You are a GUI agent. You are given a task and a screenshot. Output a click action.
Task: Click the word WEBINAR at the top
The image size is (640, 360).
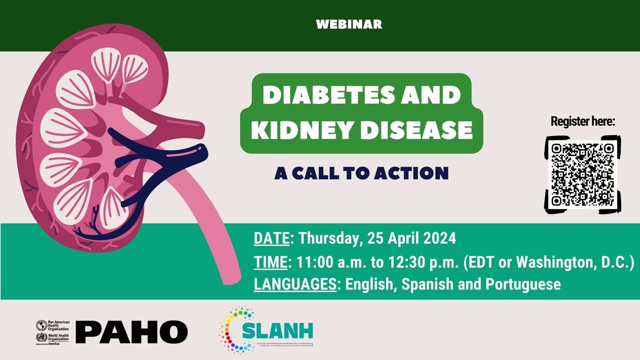(x=349, y=24)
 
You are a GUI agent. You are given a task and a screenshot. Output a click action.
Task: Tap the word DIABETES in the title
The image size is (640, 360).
(x=316, y=95)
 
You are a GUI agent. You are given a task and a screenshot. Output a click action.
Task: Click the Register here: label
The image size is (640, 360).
(x=583, y=121)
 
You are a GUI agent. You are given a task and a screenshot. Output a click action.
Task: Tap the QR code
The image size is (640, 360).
(x=583, y=174)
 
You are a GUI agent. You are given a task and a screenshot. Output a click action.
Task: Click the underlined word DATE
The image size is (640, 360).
(x=271, y=238)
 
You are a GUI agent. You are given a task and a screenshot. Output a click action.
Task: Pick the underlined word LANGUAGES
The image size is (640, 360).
(x=295, y=284)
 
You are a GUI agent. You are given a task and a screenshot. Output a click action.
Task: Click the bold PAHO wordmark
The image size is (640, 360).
(x=131, y=332)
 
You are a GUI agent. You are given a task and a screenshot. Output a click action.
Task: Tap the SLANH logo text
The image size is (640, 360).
(x=277, y=330)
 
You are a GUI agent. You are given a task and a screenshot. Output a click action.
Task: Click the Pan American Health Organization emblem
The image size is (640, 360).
(x=41, y=325)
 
